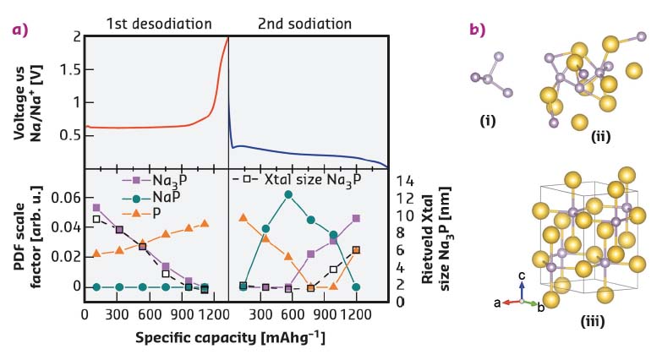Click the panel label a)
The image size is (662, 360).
tap(19, 30)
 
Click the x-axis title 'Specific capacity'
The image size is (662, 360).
tap(233, 338)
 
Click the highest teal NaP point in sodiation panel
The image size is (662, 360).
tap(288, 194)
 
